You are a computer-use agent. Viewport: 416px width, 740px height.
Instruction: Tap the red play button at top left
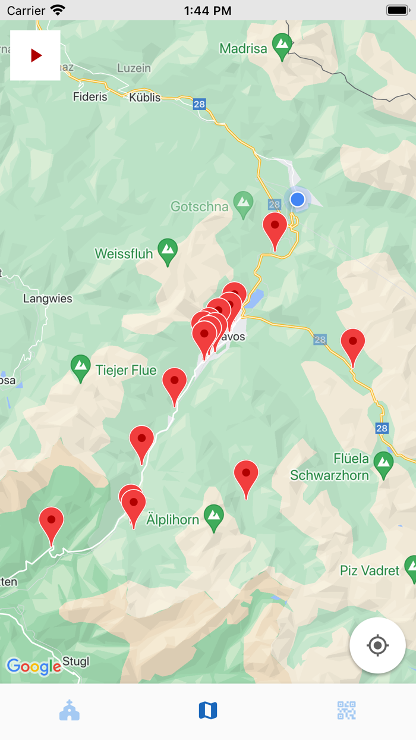point(36,55)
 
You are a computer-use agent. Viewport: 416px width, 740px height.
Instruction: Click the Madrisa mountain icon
point(282,44)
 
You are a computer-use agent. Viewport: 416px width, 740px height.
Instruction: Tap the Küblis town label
point(145,97)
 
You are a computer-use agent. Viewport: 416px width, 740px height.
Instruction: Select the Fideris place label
point(90,96)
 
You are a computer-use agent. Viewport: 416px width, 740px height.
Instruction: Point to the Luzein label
point(134,68)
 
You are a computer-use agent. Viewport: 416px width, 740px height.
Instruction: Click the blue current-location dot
point(298,199)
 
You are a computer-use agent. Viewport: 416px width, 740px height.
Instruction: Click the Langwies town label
point(48,299)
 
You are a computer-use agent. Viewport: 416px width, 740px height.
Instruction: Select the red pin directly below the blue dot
point(275,228)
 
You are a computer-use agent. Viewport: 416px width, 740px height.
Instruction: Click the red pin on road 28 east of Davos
point(352,344)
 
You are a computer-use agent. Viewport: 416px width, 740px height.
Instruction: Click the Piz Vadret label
point(370,570)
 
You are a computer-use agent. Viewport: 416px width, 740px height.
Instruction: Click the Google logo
point(34,666)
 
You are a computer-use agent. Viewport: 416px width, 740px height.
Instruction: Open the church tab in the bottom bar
point(70,710)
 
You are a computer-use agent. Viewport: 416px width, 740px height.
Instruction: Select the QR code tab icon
point(346,710)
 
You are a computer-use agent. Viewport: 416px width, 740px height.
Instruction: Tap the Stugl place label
point(76,662)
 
